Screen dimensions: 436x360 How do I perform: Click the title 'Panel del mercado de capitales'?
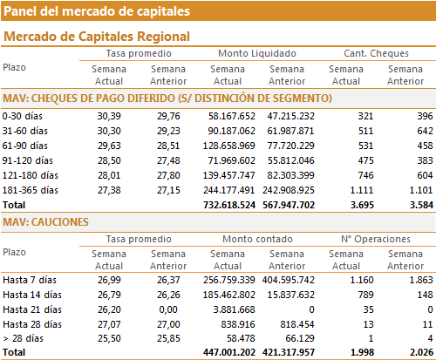click(97, 11)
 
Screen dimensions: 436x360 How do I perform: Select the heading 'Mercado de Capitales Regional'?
click(97, 37)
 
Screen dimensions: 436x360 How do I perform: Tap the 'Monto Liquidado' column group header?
click(257, 53)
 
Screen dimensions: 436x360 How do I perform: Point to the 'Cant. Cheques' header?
click(376, 53)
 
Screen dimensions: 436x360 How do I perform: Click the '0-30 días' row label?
click(23, 116)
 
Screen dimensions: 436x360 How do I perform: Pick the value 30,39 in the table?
click(109, 116)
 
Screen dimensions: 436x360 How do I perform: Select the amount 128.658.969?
click(229, 146)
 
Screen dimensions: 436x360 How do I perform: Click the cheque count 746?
click(365, 175)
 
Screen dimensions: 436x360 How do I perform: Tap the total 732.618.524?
click(229, 205)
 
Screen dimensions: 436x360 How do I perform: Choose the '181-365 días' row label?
click(31, 190)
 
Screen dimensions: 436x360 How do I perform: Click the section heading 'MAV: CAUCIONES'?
click(45, 222)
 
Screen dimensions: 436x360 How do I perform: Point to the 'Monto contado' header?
click(257, 239)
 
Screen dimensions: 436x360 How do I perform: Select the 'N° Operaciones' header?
click(376, 239)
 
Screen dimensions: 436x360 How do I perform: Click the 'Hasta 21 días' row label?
click(32, 309)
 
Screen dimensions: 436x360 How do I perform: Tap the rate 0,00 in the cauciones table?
click(168, 309)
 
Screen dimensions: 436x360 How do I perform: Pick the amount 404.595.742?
click(289, 280)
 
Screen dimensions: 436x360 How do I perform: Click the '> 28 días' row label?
click(23, 338)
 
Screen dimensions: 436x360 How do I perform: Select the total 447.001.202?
click(229, 352)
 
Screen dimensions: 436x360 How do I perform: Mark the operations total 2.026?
click(421, 352)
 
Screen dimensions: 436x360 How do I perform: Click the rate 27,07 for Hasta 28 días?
click(109, 324)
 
